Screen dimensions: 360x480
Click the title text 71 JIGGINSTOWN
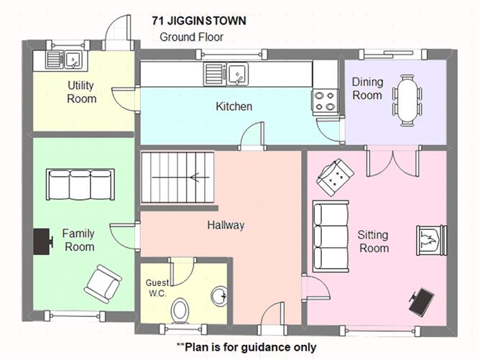tap(199, 21)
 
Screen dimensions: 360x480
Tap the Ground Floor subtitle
tap(191, 37)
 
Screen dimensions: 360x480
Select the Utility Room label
tap(81, 92)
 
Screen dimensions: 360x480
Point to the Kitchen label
tap(234, 106)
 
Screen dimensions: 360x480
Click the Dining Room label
tap(366, 88)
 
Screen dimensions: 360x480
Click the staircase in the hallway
tap(177, 177)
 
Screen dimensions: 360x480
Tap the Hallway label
tap(226, 225)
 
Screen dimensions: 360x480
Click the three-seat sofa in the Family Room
tap(80, 185)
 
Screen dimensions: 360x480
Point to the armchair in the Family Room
tap(102, 282)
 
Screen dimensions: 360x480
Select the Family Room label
tap(79, 240)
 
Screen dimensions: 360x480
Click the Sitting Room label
tap(373, 241)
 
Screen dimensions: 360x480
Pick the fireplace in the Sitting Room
tap(432, 240)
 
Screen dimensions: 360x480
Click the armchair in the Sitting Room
tap(335, 176)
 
